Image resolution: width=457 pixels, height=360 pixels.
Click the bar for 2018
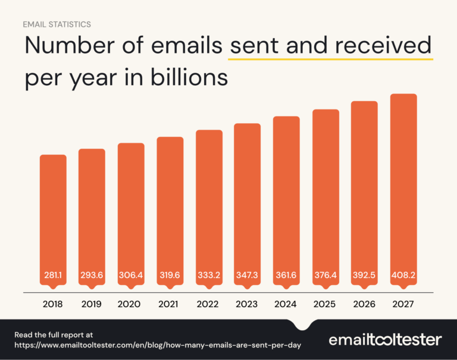[x=53, y=220]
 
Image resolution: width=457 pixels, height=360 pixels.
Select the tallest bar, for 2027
[x=403, y=190]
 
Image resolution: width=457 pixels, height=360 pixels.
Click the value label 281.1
[x=53, y=276]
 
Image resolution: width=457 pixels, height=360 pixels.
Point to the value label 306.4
[x=131, y=276]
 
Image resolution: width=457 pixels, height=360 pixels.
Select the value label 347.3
[x=248, y=276]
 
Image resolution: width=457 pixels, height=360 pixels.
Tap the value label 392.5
[x=364, y=276]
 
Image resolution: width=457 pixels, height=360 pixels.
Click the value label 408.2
[x=403, y=276]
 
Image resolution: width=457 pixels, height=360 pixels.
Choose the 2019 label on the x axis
[x=92, y=304]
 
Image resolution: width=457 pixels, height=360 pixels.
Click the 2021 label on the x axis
[x=170, y=304]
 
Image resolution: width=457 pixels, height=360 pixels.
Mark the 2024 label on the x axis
[x=286, y=304]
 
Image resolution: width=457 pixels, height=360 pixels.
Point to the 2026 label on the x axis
[x=364, y=304]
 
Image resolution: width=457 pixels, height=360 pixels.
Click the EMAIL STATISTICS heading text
[x=57, y=25]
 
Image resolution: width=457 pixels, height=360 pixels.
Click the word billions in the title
[x=192, y=78]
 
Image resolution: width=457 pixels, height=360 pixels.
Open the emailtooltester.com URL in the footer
[x=158, y=345]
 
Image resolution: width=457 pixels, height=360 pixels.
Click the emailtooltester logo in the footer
[x=386, y=340]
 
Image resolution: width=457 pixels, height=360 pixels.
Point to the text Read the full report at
[x=54, y=335]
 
